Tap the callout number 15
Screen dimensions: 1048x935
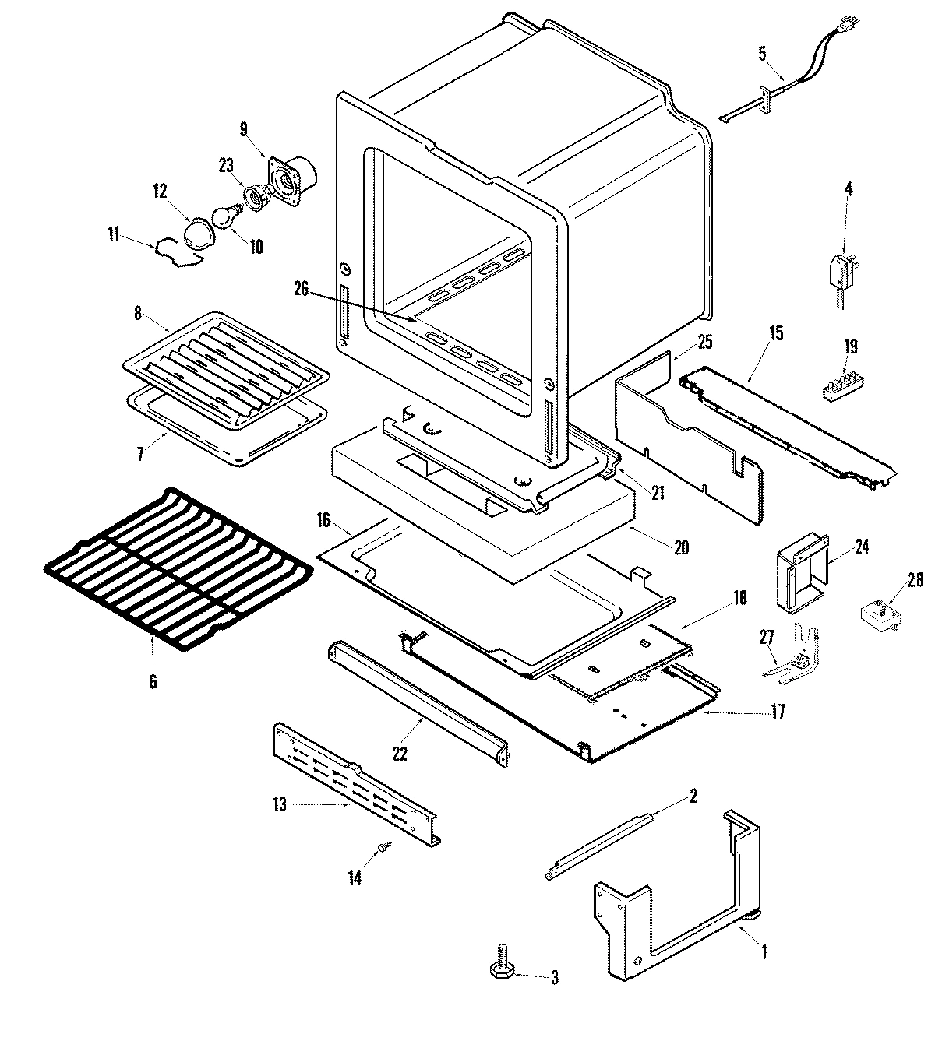(776, 334)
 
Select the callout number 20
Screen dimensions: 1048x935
(681, 547)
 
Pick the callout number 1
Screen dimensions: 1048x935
(764, 951)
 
